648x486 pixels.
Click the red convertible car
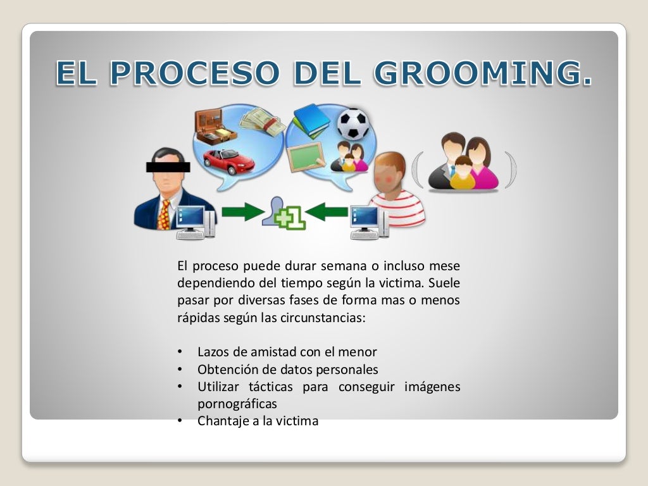tap(228, 161)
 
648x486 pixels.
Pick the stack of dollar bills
tap(262, 121)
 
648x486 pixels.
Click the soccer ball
tap(352, 124)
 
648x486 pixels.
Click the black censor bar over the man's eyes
tap(168, 167)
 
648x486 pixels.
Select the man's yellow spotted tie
tap(163, 215)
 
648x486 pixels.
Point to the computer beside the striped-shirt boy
tap(370, 223)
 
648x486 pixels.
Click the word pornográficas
tap(237, 403)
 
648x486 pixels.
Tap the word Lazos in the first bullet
tap(213, 352)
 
